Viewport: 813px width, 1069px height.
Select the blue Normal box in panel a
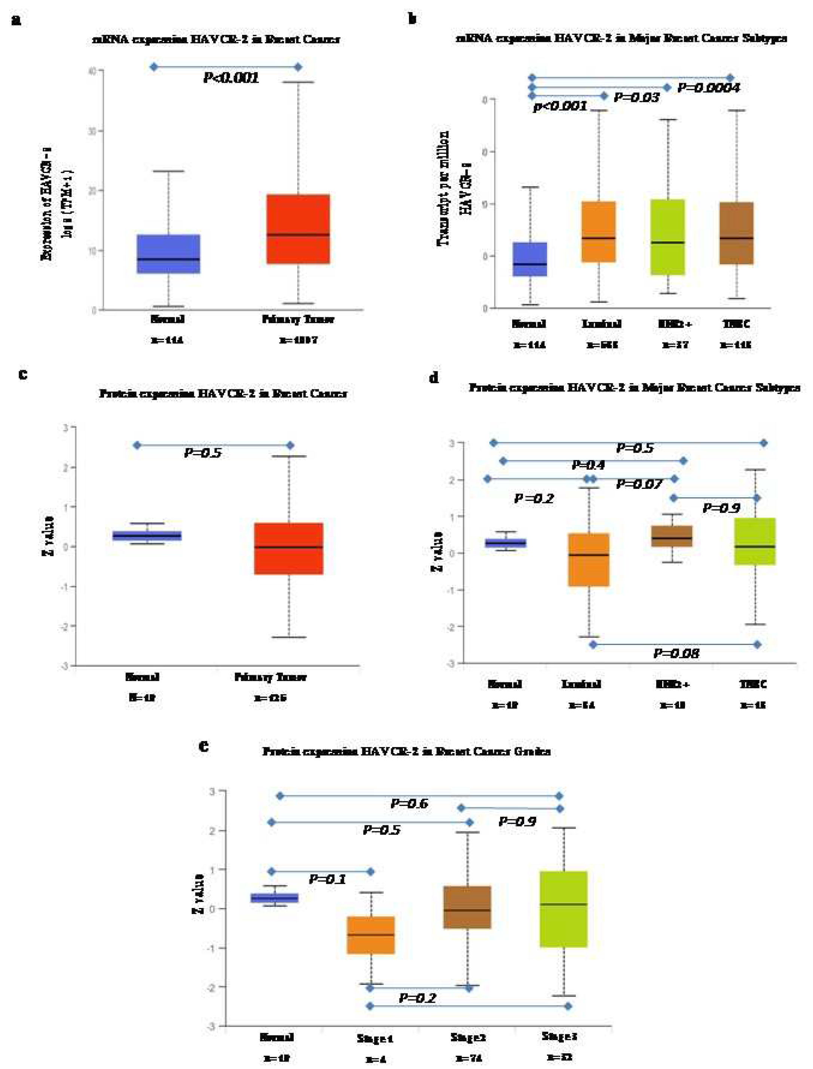tap(168, 254)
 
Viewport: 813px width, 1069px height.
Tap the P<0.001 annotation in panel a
tap(231, 78)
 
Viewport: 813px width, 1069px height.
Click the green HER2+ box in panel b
tap(668, 237)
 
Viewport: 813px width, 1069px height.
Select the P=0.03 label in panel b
tap(636, 98)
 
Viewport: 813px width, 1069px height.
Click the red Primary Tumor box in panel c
tap(289, 549)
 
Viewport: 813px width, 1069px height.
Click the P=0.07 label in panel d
tap(639, 484)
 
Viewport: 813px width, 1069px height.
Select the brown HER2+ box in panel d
tap(672, 536)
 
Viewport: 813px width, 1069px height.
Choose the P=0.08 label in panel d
tap(676, 654)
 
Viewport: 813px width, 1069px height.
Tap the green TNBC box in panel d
tap(755, 541)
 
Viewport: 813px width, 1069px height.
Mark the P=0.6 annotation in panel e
tap(409, 804)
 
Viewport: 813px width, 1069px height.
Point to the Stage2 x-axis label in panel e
tap(468, 1038)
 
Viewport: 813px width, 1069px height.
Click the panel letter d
tap(434, 378)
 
